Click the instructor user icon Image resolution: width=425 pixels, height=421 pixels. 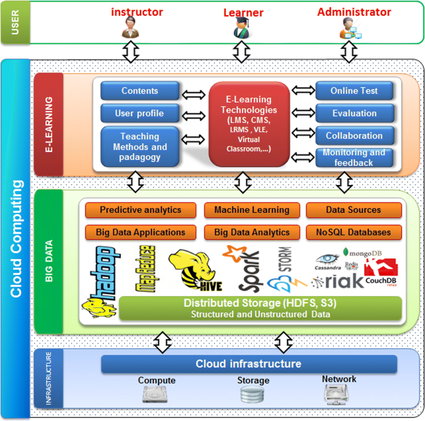click(132, 28)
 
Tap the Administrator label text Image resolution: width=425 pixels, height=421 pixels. click(354, 12)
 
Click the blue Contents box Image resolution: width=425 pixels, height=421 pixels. click(140, 91)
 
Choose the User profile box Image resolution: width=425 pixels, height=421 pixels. click(140, 113)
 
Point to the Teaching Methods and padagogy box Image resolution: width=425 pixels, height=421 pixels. click(140, 147)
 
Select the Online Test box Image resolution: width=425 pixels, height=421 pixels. click(354, 91)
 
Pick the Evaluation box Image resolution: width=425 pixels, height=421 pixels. click(354, 113)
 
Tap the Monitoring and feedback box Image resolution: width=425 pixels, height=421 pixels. click(354, 158)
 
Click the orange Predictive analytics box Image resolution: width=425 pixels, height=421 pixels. click(140, 210)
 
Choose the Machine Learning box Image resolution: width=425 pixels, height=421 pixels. click(251, 210)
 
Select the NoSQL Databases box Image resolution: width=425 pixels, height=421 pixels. click(354, 232)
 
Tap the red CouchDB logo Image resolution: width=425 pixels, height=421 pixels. click(380, 273)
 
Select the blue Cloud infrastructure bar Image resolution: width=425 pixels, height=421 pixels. click(248, 364)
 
